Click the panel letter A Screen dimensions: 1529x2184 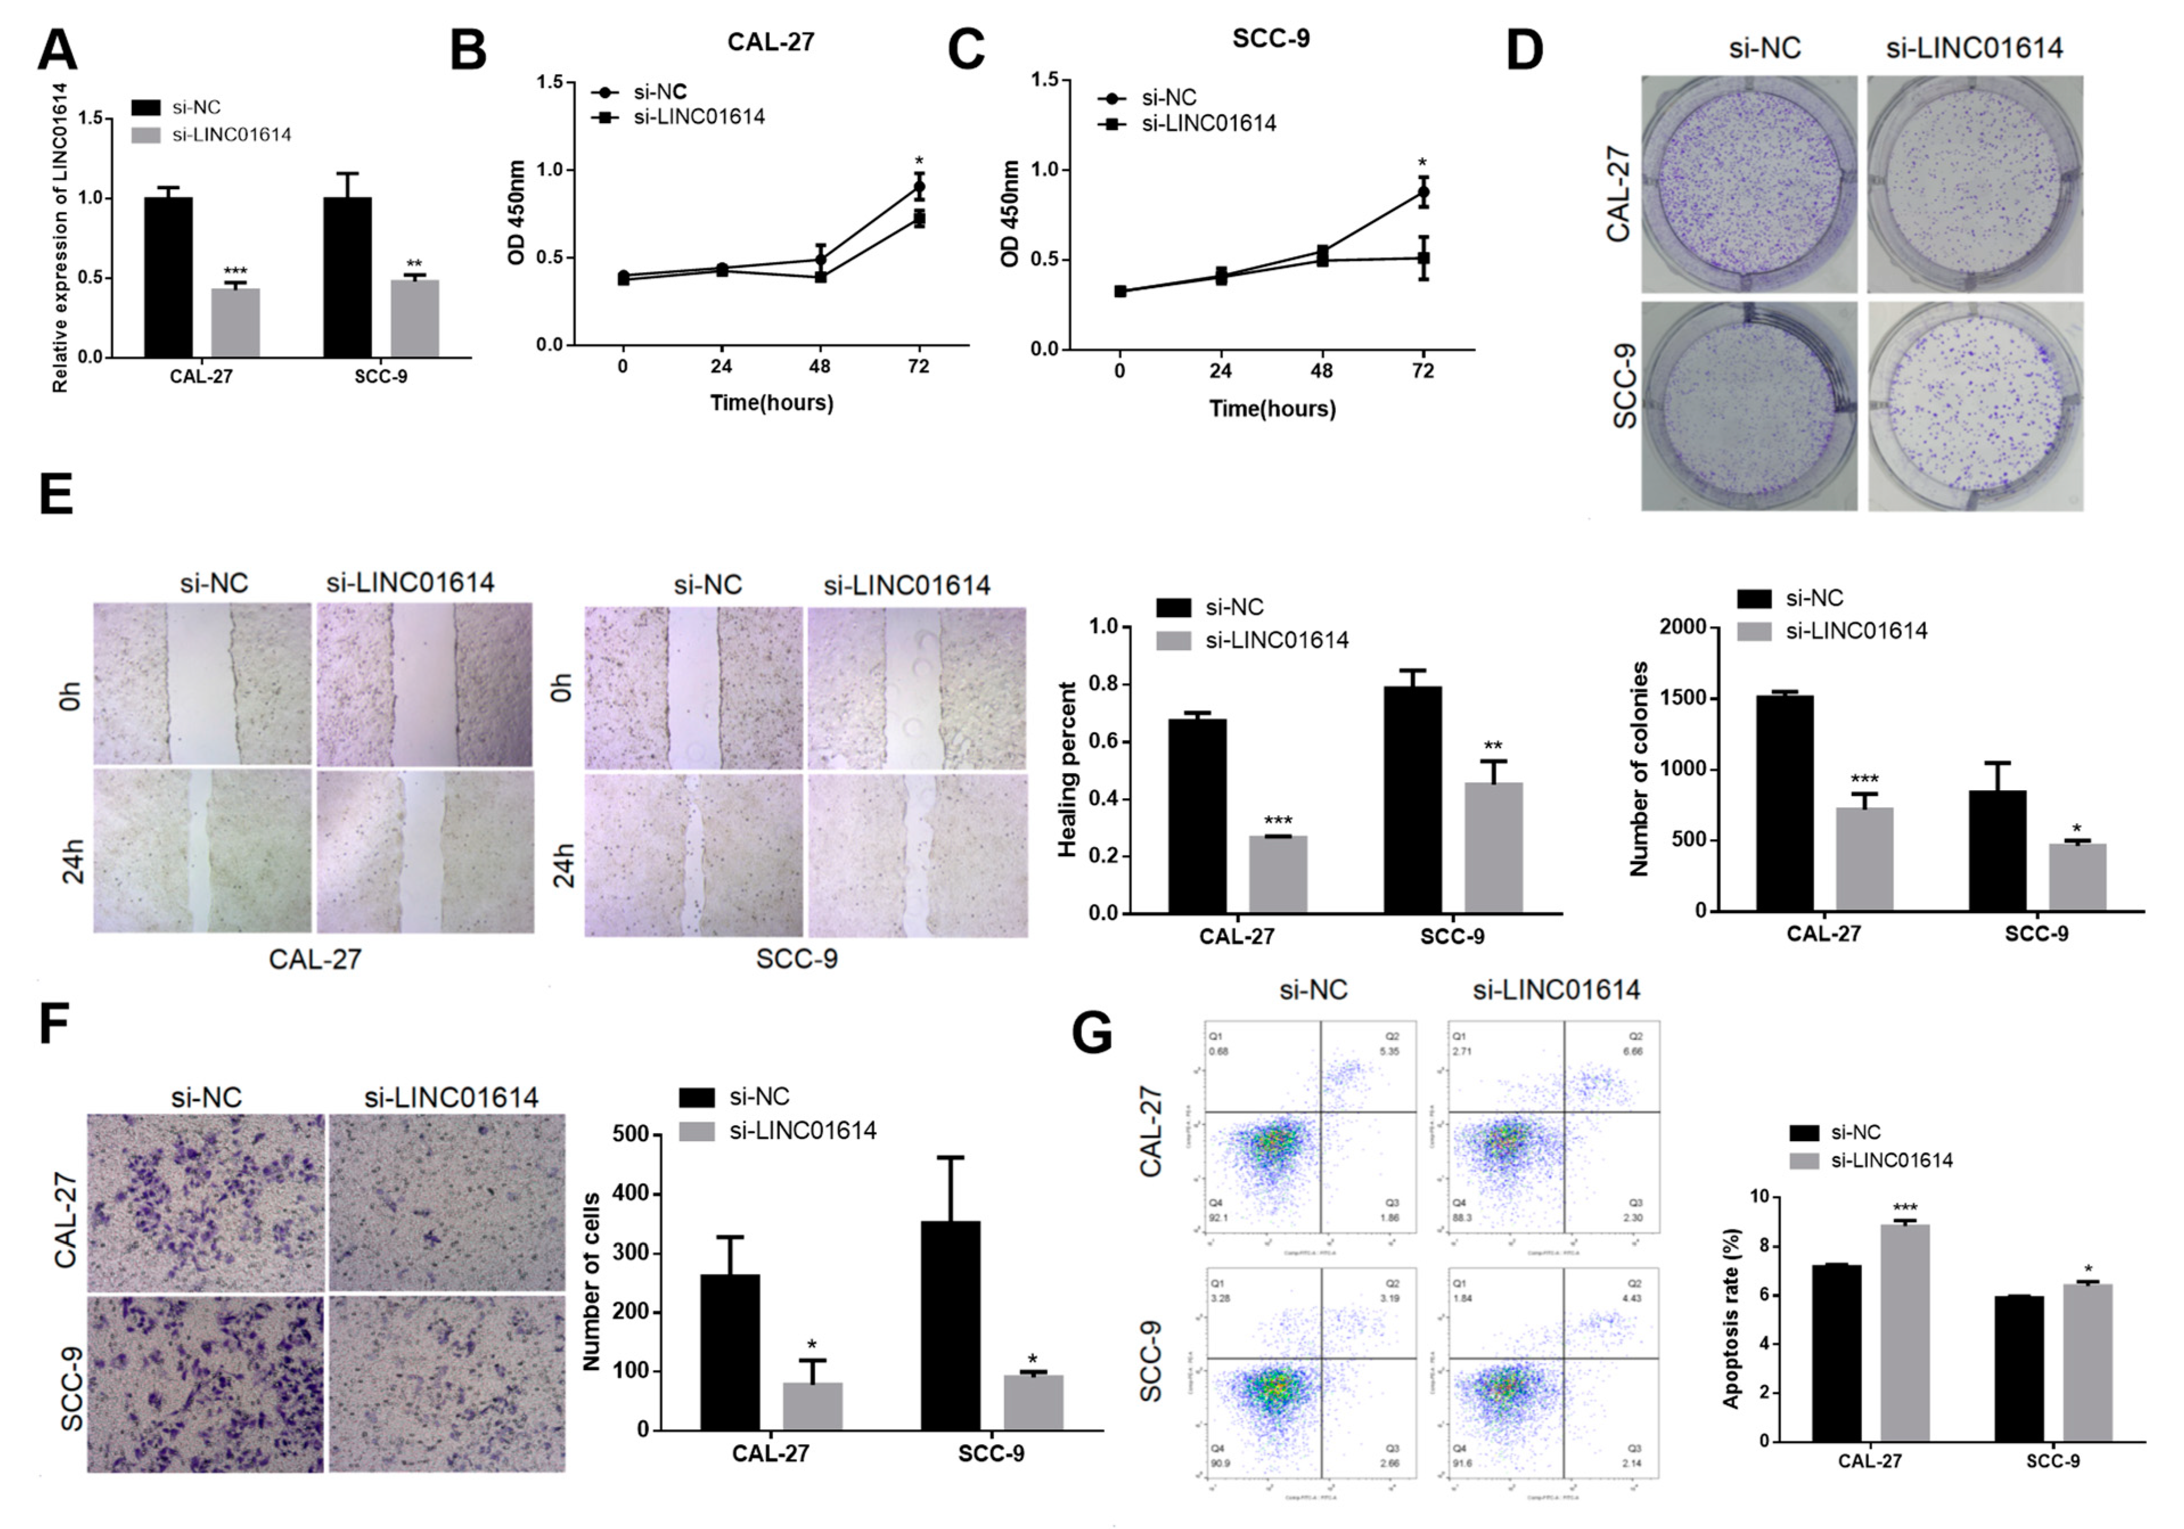click(57, 50)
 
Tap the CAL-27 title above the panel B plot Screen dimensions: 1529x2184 click(771, 42)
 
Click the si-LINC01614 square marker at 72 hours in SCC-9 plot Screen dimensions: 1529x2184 click(1423, 258)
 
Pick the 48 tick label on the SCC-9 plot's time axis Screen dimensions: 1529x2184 click(1321, 371)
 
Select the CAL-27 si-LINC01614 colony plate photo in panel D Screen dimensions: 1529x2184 click(1975, 183)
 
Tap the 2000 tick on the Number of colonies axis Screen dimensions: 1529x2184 click(1683, 627)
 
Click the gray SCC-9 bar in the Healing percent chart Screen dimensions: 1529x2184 click(1493, 847)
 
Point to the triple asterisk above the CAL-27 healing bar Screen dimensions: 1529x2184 click(1277, 821)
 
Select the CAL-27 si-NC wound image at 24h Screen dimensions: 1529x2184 click(202, 852)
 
